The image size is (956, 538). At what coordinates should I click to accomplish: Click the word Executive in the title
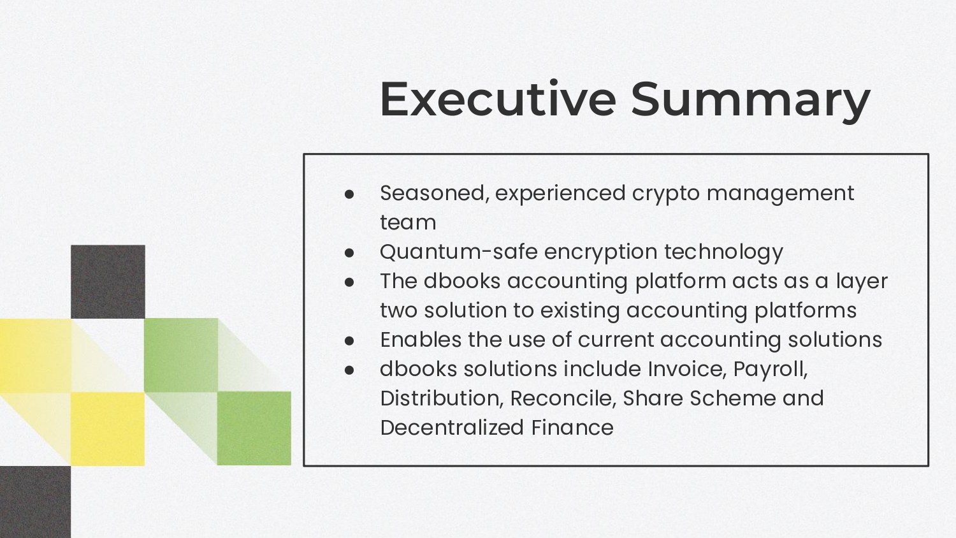coord(498,99)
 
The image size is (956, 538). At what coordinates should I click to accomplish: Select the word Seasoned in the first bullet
coord(435,193)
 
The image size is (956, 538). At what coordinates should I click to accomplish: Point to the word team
coord(408,222)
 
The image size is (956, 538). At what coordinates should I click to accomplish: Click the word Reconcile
coord(563,398)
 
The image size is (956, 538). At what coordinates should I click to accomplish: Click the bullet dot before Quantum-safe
coord(349,253)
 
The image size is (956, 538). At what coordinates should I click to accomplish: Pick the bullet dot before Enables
coord(349,341)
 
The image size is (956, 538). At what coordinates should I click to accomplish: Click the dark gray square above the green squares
coord(108,282)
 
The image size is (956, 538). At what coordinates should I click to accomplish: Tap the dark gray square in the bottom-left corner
coord(36,502)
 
